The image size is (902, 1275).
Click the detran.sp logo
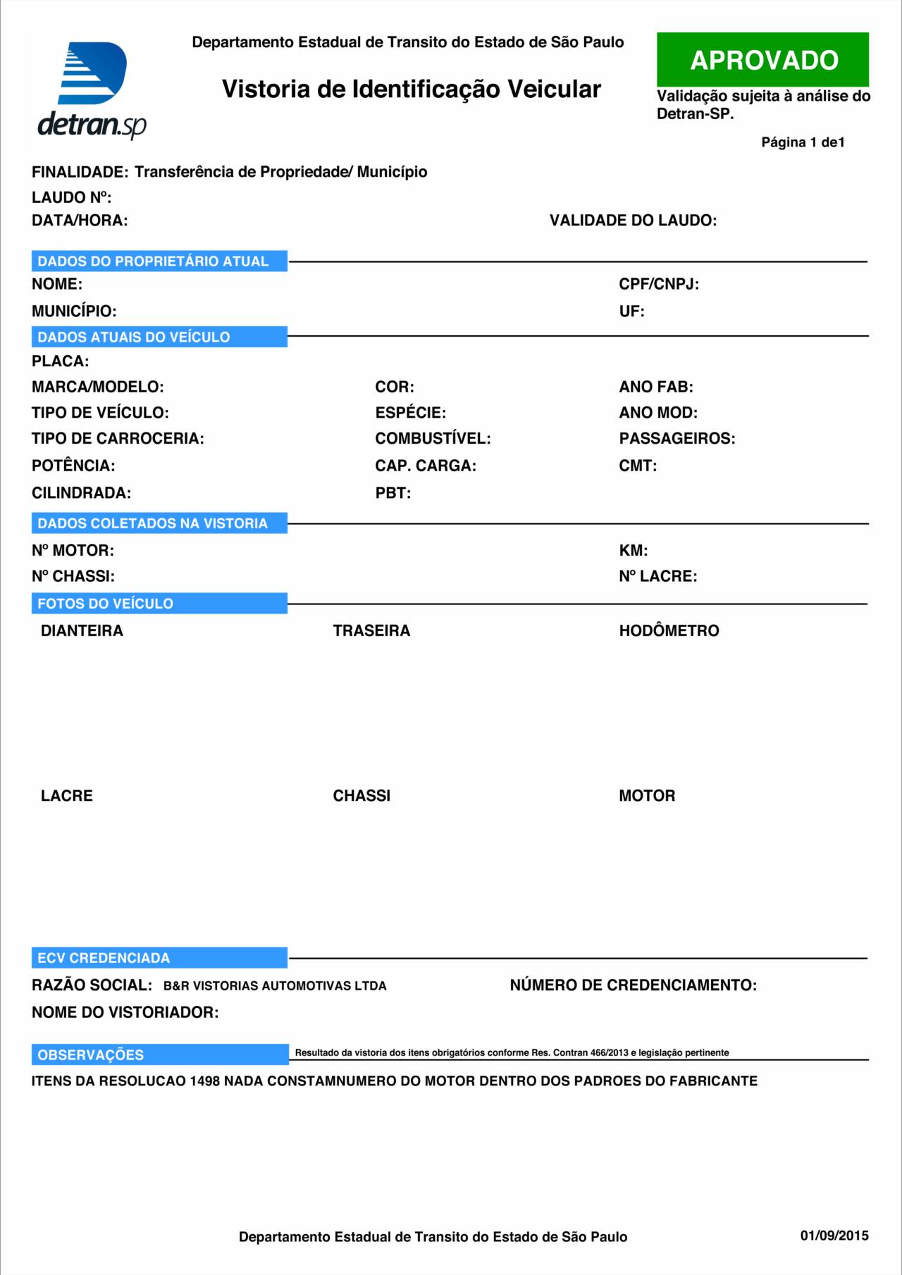point(92,90)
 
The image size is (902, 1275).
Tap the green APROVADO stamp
point(762,60)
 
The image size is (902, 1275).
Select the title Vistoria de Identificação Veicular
point(411,89)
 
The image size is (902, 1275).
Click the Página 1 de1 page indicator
point(803,142)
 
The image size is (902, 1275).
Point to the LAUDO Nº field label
point(71,197)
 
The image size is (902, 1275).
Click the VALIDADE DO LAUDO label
point(633,220)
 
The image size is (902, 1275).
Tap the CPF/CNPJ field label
point(659,285)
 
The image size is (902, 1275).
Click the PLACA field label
point(60,361)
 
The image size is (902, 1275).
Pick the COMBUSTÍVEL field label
point(433,439)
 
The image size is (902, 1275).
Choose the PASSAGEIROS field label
point(676,439)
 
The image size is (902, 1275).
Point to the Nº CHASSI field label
point(73,576)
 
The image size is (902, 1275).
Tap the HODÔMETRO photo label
point(669,631)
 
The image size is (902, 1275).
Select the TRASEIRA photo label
point(371,631)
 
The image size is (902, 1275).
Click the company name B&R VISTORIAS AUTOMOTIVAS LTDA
point(275,986)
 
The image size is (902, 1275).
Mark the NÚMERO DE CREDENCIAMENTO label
point(633,985)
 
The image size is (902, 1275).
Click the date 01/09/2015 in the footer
point(834,1236)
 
